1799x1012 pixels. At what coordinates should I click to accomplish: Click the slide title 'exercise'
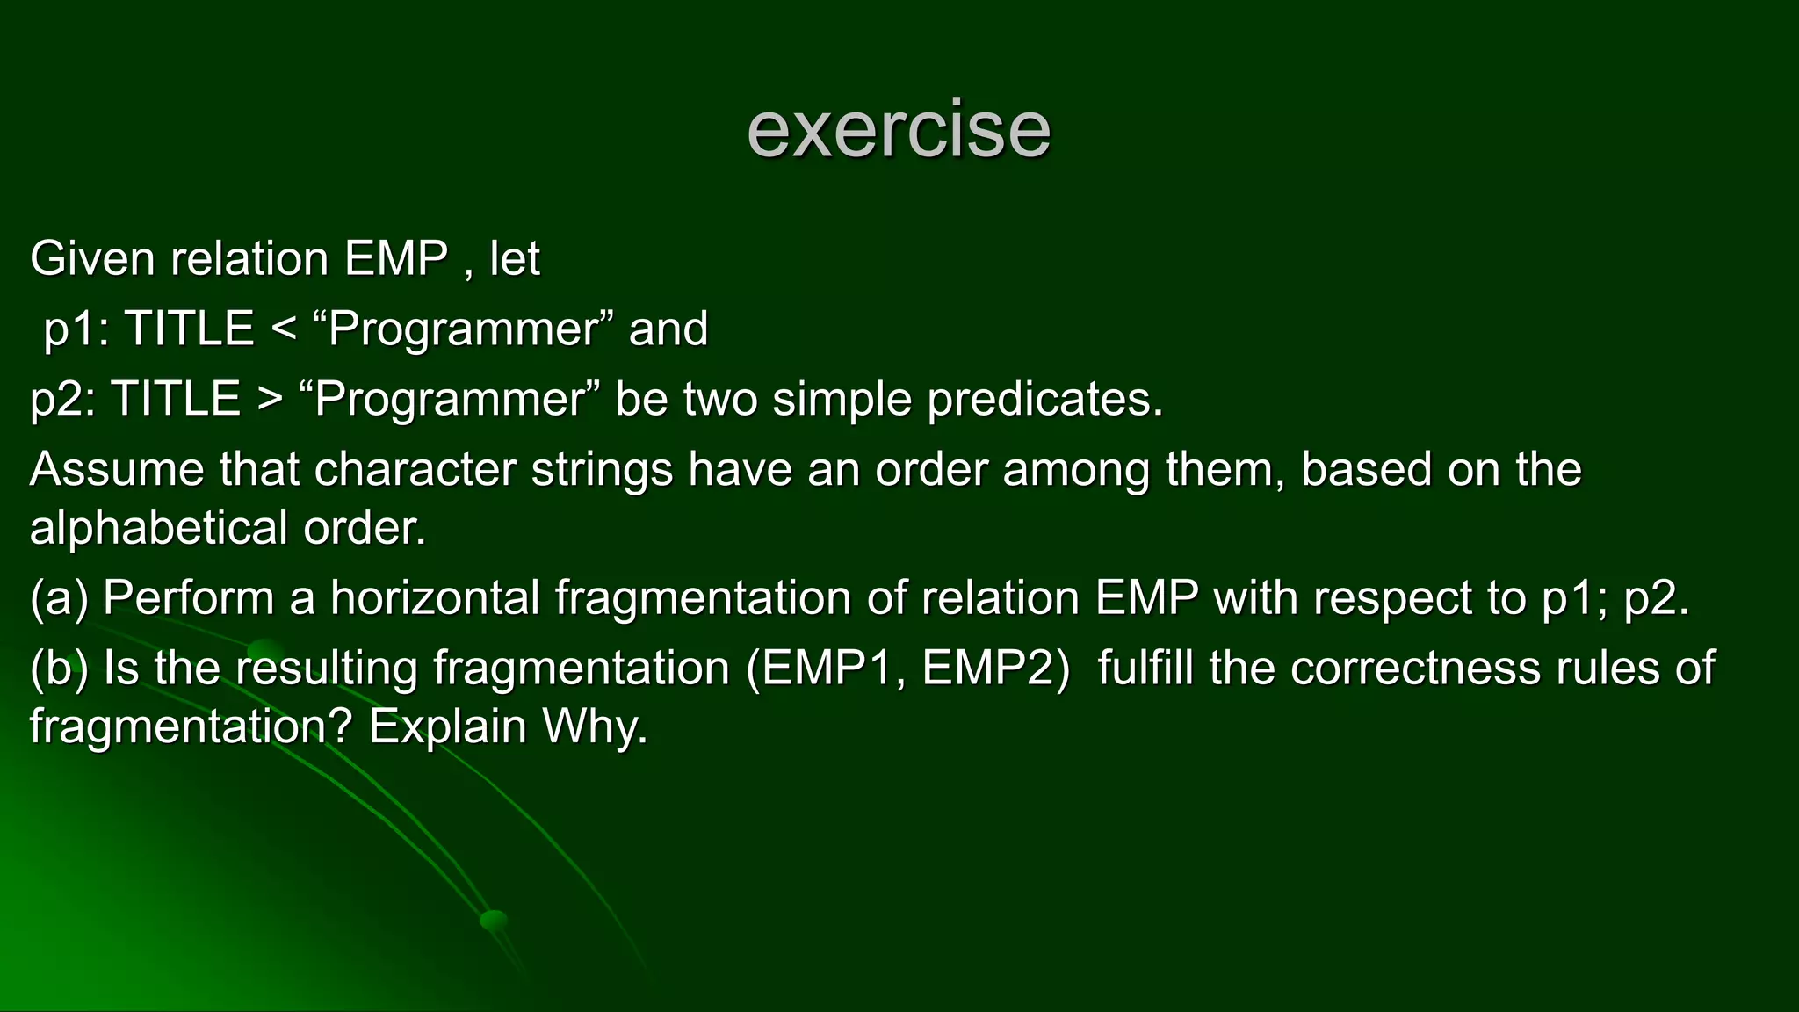(x=898, y=130)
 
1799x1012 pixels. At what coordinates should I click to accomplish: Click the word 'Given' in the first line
(x=92, y=259)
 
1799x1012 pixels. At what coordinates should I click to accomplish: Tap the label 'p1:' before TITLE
(x=76, y=330)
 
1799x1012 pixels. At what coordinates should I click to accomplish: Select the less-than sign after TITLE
(x=283, y=330)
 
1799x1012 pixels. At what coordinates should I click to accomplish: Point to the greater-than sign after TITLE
(x=269, y=401)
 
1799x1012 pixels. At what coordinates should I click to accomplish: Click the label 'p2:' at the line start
(x=61, y=401)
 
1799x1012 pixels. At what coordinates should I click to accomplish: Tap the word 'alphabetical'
(x=159, y=529)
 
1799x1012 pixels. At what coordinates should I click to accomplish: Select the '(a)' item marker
(x=59, y=599)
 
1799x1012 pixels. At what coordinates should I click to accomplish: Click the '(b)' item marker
(x=59, y=669)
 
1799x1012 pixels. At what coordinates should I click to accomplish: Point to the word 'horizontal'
(x=435, y=599)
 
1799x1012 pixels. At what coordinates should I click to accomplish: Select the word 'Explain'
(x=447, y=727)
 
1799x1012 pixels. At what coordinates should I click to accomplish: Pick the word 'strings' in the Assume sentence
(x=602, y=470)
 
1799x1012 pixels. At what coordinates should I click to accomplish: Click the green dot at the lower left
(x=494, y=920)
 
